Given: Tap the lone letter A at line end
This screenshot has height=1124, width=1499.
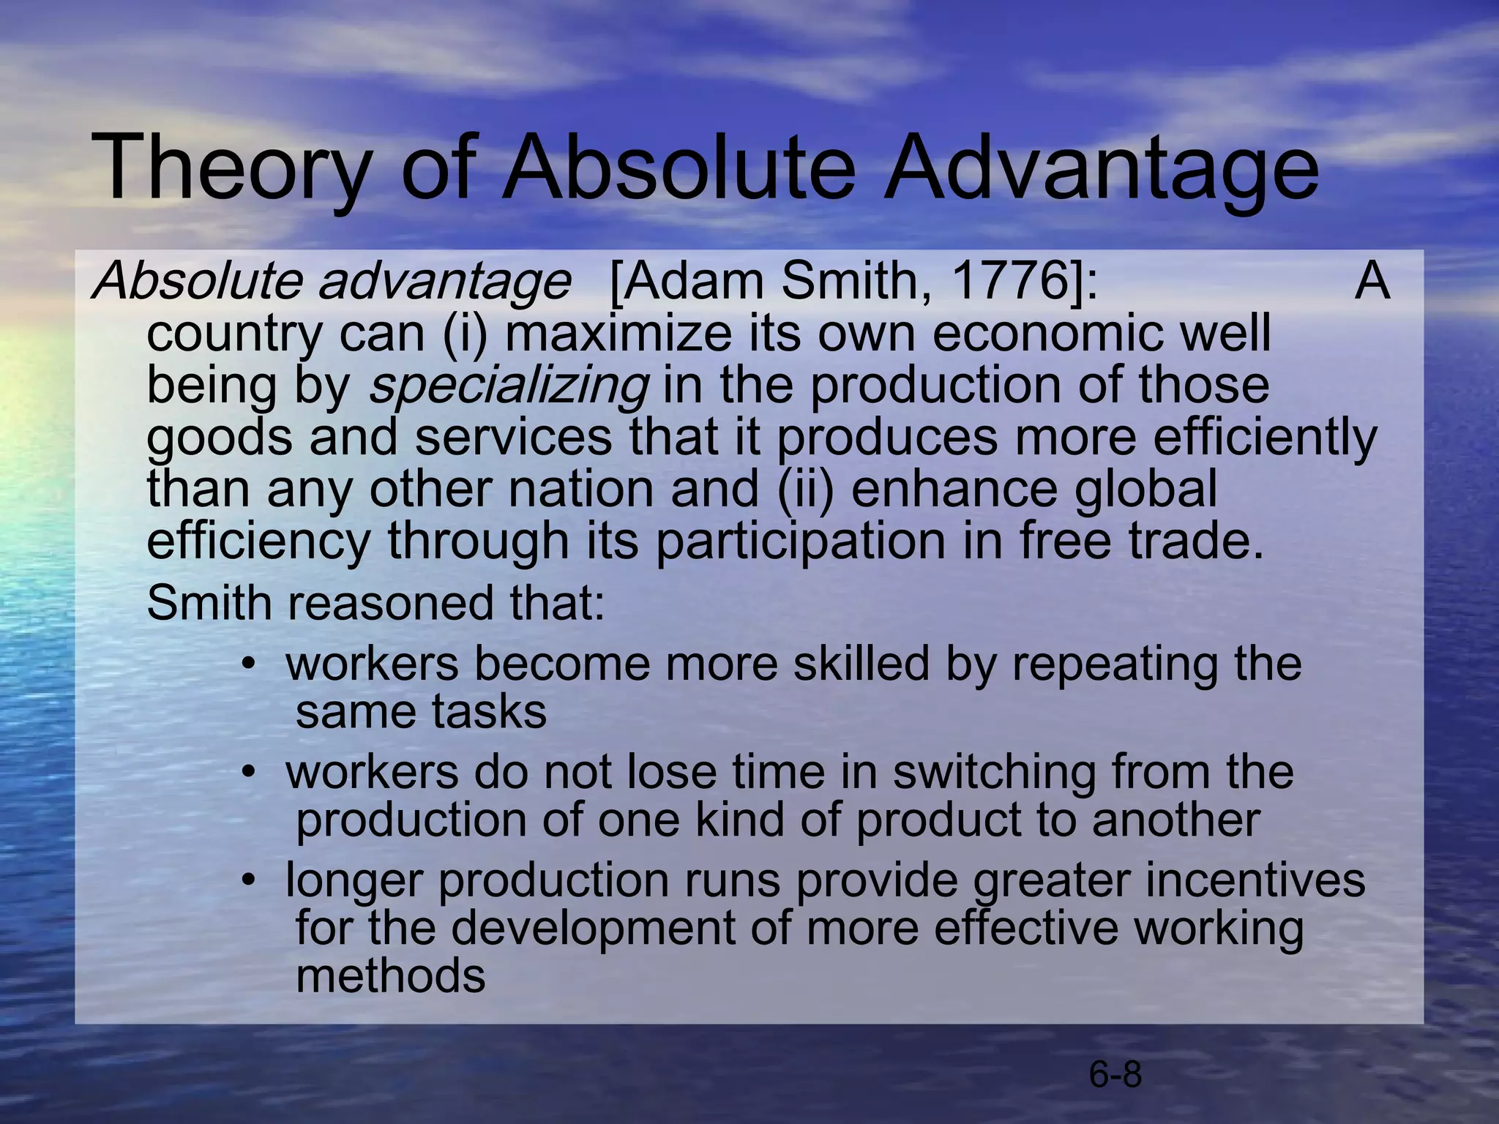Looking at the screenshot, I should (1372, 281).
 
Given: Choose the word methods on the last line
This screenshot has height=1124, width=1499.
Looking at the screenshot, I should (390, 976).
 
